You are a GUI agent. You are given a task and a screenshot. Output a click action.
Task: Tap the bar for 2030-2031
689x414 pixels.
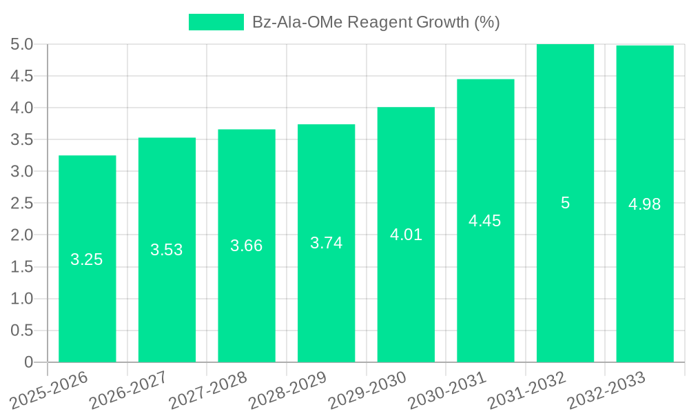tap(485, 290)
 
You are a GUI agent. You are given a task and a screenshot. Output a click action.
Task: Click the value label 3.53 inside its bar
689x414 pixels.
tap(167, 250)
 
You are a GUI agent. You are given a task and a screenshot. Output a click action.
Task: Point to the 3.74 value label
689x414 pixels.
tap(326, 243)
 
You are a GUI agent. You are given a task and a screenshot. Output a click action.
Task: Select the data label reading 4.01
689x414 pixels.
tap(406, 235)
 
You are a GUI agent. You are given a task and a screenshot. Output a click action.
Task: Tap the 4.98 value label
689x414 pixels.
tap(644, 204)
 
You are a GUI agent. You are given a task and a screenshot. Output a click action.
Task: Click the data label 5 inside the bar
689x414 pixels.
tap(565, 204)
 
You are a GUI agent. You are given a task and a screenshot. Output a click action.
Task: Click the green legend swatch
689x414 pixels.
tap(216, 23)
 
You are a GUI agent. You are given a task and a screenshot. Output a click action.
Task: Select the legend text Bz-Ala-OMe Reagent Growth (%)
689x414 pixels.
tap(376, 23)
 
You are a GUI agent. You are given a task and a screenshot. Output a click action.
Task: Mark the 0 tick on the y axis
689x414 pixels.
tap(28, 362)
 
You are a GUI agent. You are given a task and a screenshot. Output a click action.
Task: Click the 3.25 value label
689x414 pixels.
tap(87, 260)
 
